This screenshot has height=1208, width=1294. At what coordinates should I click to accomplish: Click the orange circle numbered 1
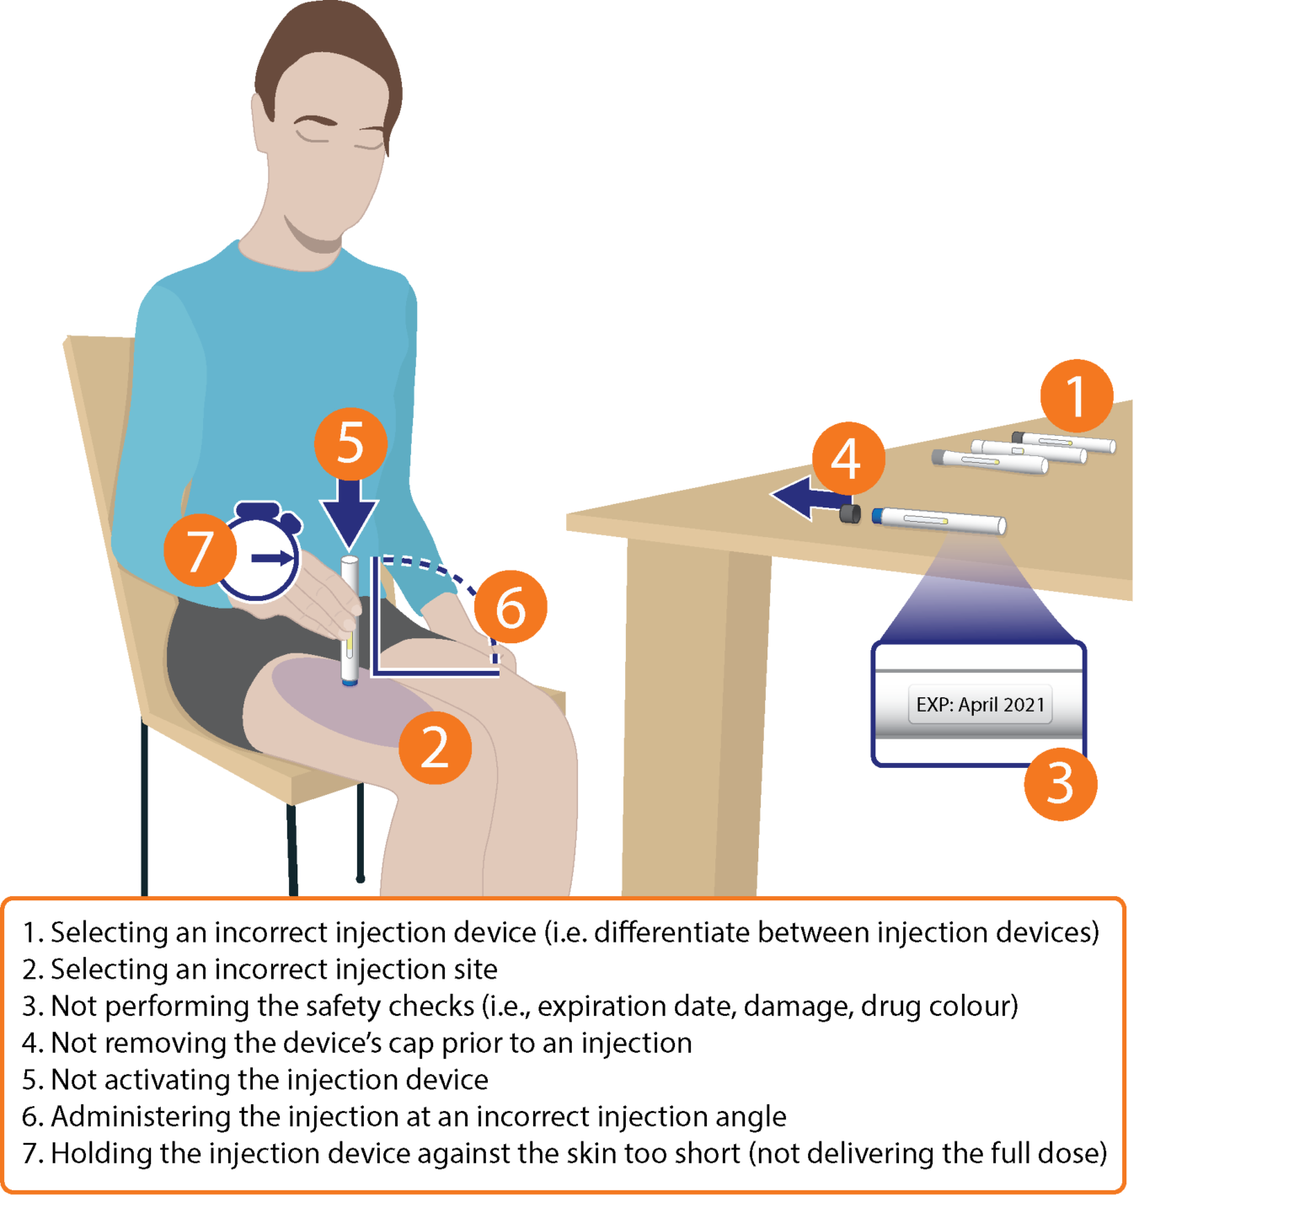(x=1076, y=396)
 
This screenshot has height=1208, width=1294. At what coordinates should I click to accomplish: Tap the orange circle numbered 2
(x=435, y=748)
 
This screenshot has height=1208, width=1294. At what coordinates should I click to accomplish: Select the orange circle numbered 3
(x=1060, y=784)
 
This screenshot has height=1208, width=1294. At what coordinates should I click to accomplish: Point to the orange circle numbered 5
(x=350, y=443)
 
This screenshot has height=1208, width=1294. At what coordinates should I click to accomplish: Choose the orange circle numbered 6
(x=511, y=608)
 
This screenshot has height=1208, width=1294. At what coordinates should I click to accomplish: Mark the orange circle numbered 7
(x=200, y=551)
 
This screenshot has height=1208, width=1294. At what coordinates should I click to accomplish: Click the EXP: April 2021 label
(x=980, y=705)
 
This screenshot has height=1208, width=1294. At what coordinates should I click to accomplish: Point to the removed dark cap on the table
(x=850, y=513)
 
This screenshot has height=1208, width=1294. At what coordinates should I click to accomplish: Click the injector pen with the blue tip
(x=939, y=520)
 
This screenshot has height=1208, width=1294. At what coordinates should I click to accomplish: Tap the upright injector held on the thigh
(x=350, y=620)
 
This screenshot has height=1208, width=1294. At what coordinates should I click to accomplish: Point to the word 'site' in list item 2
(x=476, y=969)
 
